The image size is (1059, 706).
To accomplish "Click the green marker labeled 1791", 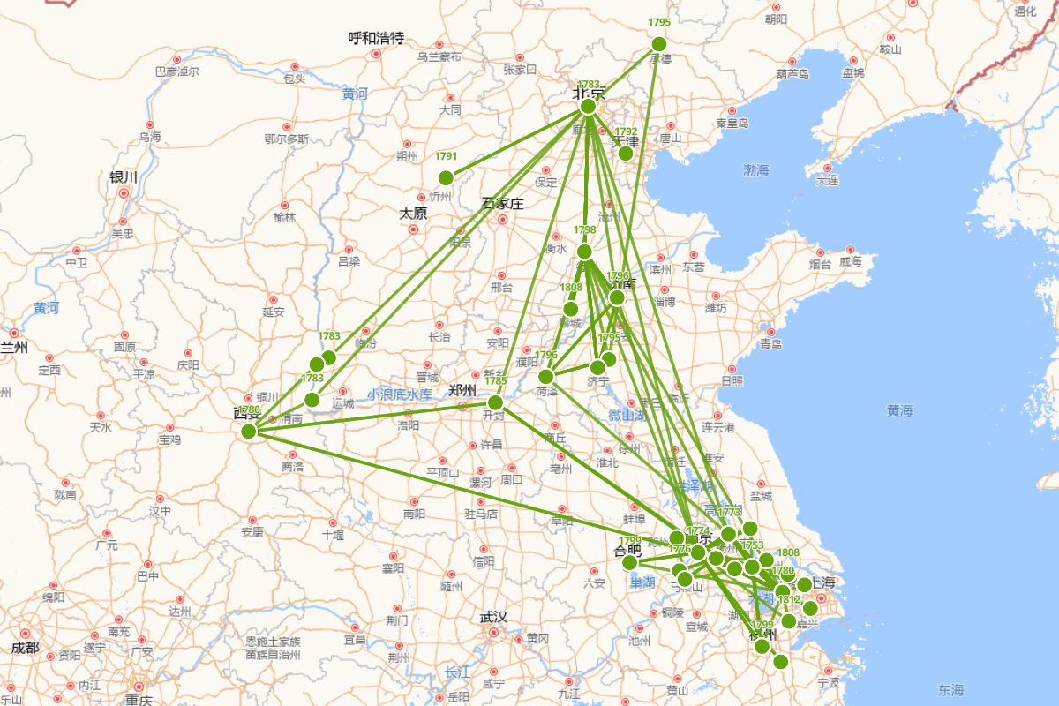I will coord(446,177).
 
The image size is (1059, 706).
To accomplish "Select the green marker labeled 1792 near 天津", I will coord(626,154).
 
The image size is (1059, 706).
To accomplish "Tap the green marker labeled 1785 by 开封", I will coord(495,402).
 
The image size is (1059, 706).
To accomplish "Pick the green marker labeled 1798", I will coord(584,252).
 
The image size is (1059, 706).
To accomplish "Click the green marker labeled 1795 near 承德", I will coord(658,44).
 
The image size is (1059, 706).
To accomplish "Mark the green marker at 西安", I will coord(249,432).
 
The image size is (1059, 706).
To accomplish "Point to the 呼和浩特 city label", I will coord(376,38).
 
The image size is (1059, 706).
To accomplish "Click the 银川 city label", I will coord(124,176).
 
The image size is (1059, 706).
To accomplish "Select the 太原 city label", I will coord(413,214).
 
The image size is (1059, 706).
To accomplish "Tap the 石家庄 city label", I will coord(503,204).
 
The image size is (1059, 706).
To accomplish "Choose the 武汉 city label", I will coord(494,617).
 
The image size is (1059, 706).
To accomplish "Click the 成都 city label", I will coord(26,648).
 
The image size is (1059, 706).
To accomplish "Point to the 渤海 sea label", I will coord(756,169).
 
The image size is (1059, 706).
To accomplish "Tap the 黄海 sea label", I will coord(900,410).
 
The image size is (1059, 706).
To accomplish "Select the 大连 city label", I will coord(828,181).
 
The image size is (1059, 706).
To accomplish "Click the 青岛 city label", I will coord(770,343).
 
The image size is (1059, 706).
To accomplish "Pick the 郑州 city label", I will coord(462,389).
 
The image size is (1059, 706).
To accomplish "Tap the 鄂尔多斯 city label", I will coord(287,139).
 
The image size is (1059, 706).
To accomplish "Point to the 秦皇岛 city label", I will coord(732,124).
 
